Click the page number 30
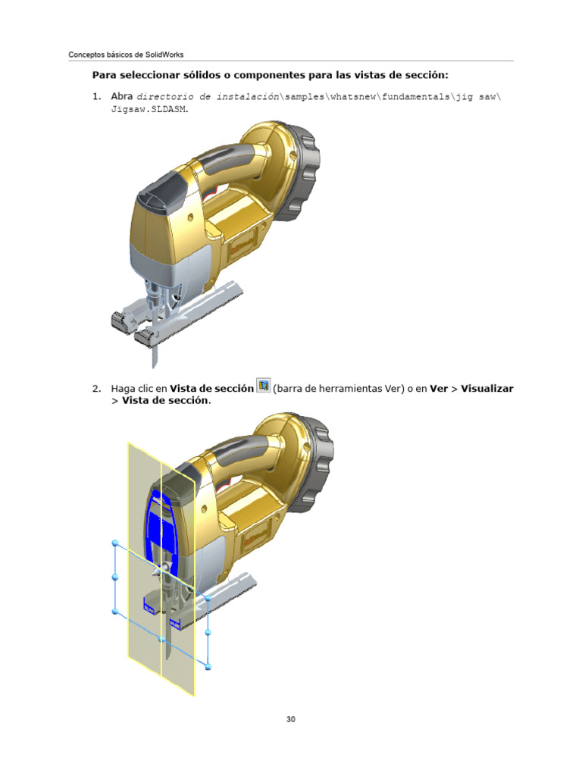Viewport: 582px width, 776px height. click(x=290, y=719)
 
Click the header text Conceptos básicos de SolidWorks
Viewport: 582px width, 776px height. click(x=126, y=55)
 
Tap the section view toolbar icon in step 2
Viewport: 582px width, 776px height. click(x=263, y=386)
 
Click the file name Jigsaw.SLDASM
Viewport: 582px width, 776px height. click(x=149, y=109)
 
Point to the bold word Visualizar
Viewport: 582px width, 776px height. click(x=487, y=389)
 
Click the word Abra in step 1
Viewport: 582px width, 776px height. click(x=122, y=96)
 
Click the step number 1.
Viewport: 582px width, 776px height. click(x=96, y=96)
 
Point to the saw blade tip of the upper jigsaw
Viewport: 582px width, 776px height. click(x=154, y=367)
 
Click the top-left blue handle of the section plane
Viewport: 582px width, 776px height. click(x=116, y=543)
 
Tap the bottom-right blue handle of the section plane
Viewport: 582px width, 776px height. click(x=208, y=667)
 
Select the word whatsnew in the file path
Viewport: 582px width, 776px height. click(x=353, y=97)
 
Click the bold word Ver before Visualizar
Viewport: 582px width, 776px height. click(x=439, y=389)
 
